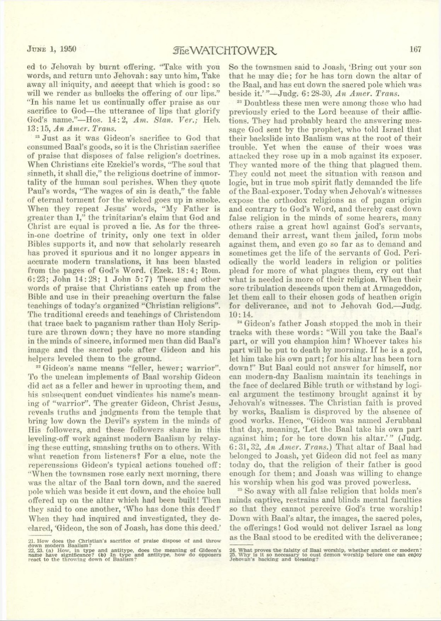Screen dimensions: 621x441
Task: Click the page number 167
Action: pyautogui.click(x=415, y=49)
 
